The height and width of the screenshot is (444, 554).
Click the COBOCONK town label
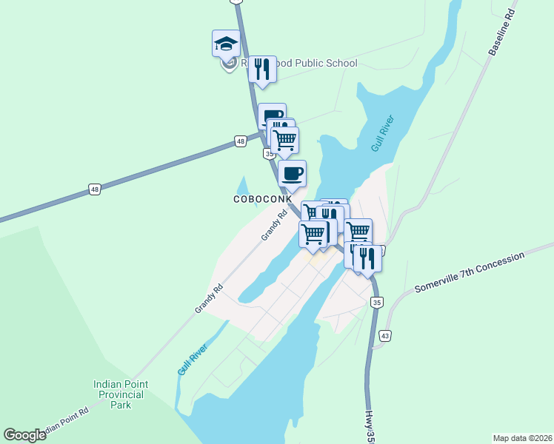pyautogui.click(x=263, y=199)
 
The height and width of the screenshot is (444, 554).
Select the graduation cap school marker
pyautogui.click(x=226, y=44)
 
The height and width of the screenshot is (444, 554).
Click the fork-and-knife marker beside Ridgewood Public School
pyautogui.click(x=262, y=70)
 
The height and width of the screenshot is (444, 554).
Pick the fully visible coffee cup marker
pyautogui.click(x=292, y=174)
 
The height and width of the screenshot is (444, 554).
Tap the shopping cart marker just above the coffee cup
pyautogui.click(x=284, y=139)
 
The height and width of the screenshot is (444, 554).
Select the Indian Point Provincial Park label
pyautogui.click(x=121, y=394)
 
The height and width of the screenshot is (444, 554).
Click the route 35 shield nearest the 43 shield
pyautogui.click(x=378, y=302)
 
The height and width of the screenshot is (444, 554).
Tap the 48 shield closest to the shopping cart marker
pyautogui.click(x=241, y=141)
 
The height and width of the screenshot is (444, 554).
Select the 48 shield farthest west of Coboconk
pyautogui.click(x=95, y=189)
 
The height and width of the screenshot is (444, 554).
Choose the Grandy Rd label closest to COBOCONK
pyautogui.click(x=273, y=226)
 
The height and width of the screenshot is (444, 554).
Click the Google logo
pyautogui.click(x=24, y=435)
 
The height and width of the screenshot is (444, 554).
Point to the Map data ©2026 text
pyautogui.click(x=522, y=437)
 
